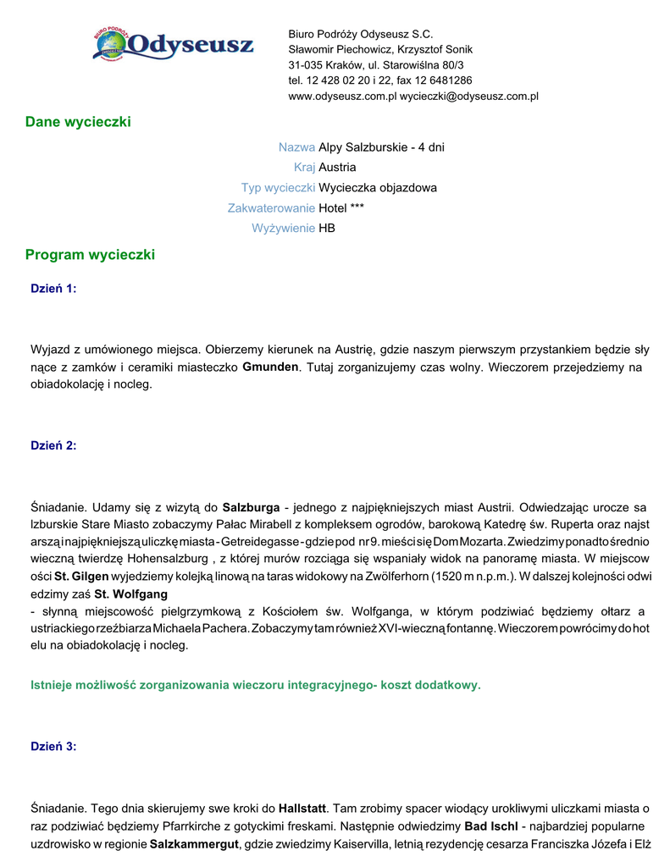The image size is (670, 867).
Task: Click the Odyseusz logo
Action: pyautogui.click(x=173, y=44)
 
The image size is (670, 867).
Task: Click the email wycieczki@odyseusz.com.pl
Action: pyautogui.click(x=469, y=97)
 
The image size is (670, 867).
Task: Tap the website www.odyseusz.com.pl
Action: pyautogui.click(x=342, y=97)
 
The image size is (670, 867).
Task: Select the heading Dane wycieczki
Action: pyautogui.click(x=78, y=122)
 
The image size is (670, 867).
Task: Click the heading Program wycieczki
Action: pyautogui.click(x=90, y=254)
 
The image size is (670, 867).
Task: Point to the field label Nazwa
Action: pyautogui.click(x=296, y=147)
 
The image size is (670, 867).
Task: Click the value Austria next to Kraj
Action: pyautogui.click(x=337, y=168)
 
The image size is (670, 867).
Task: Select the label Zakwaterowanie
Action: pyautogui.click(x=271, y=208)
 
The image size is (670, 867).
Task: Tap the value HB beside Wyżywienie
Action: pyautogui.click(x=327, y=229)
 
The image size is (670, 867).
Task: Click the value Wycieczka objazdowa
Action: pyautogui.click(x=378, y=188)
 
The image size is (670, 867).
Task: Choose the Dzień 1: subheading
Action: pyautogui.click(x=53, y=289)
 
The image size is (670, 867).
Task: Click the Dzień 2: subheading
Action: pyautogui.click(x=53, y=445)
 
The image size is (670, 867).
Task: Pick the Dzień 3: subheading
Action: pyautogui.click(x=53, y=746)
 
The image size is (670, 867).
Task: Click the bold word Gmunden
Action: pyautogui.click(x=270, y=367)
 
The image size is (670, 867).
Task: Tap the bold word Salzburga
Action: pyautogui.click(x=251, y=508)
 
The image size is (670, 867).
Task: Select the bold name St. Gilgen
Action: pyautogui.click(x=82, y=577)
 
